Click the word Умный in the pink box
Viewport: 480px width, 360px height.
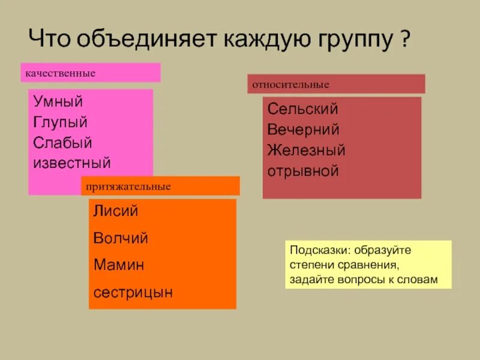coord(58,102)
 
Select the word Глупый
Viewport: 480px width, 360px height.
coord(61,122)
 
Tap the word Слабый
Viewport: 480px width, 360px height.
coord(62,143)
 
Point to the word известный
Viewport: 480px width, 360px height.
coord(72,163)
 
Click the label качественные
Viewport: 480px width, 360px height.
coord(60,73)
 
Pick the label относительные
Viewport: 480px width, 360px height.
coord(290,85)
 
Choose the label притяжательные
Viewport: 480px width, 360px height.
coord(128,187)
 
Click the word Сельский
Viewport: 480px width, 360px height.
coord(302,109)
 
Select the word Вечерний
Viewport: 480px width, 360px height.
coord(303,130)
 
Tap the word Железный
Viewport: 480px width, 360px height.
coord(306,150)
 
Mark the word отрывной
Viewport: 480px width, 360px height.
coord(303,171)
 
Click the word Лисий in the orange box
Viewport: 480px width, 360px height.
coord(115,211)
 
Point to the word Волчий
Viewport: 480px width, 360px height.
coord(120,238)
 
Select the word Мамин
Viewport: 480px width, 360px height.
coord(118,265)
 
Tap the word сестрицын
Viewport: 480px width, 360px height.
coord(133,292)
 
